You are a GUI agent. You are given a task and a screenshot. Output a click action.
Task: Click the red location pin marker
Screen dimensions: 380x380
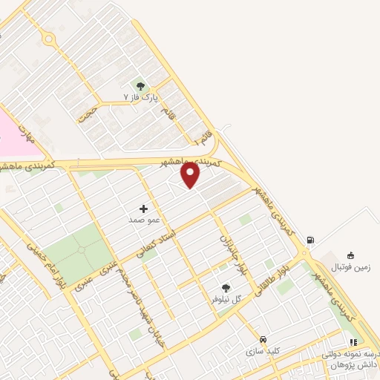tap(191, 174)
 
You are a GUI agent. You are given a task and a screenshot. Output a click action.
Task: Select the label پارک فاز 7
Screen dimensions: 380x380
tap(141, 98)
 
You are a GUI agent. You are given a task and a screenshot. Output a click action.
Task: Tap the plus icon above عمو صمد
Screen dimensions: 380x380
tap(143, 209)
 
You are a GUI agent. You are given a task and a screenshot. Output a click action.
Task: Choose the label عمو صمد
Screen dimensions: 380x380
tap(140, 220)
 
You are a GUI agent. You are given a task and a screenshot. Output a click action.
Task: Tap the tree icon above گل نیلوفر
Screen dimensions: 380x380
tap(226, 288)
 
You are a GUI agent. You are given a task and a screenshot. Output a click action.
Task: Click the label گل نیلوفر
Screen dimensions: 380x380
tap(226, 299)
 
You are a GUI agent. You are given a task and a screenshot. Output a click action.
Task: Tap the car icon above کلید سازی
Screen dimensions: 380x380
tap(263, 338)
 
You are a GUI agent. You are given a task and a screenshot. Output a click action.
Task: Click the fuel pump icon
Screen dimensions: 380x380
tap(309, 240)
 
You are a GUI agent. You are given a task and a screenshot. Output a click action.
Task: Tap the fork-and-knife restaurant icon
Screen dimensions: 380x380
tap(353, 342)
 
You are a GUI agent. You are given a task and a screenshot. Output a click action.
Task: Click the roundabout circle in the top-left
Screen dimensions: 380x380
tap(48, 38)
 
